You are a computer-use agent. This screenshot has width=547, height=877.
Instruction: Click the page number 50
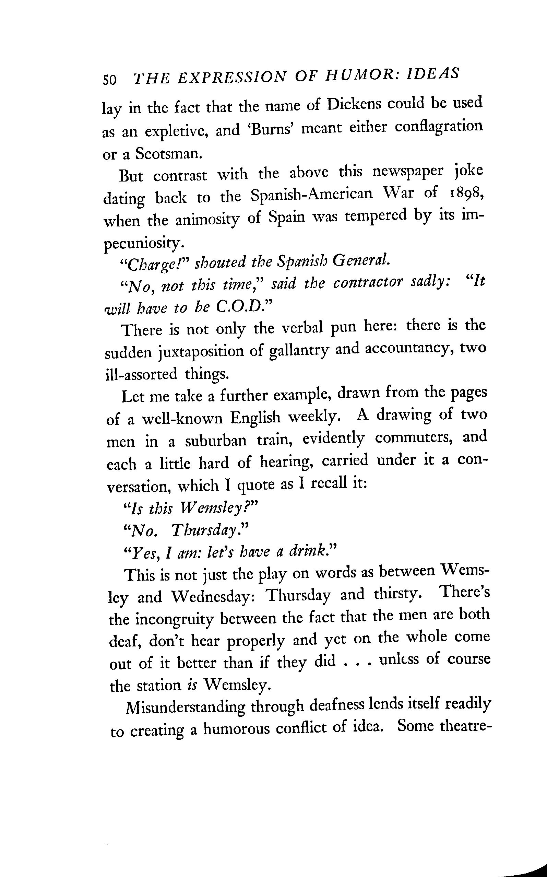click(110, 79)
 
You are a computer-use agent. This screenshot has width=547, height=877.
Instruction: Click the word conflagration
click(439, 127)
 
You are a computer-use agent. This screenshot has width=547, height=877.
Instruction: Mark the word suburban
click(216, 441)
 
